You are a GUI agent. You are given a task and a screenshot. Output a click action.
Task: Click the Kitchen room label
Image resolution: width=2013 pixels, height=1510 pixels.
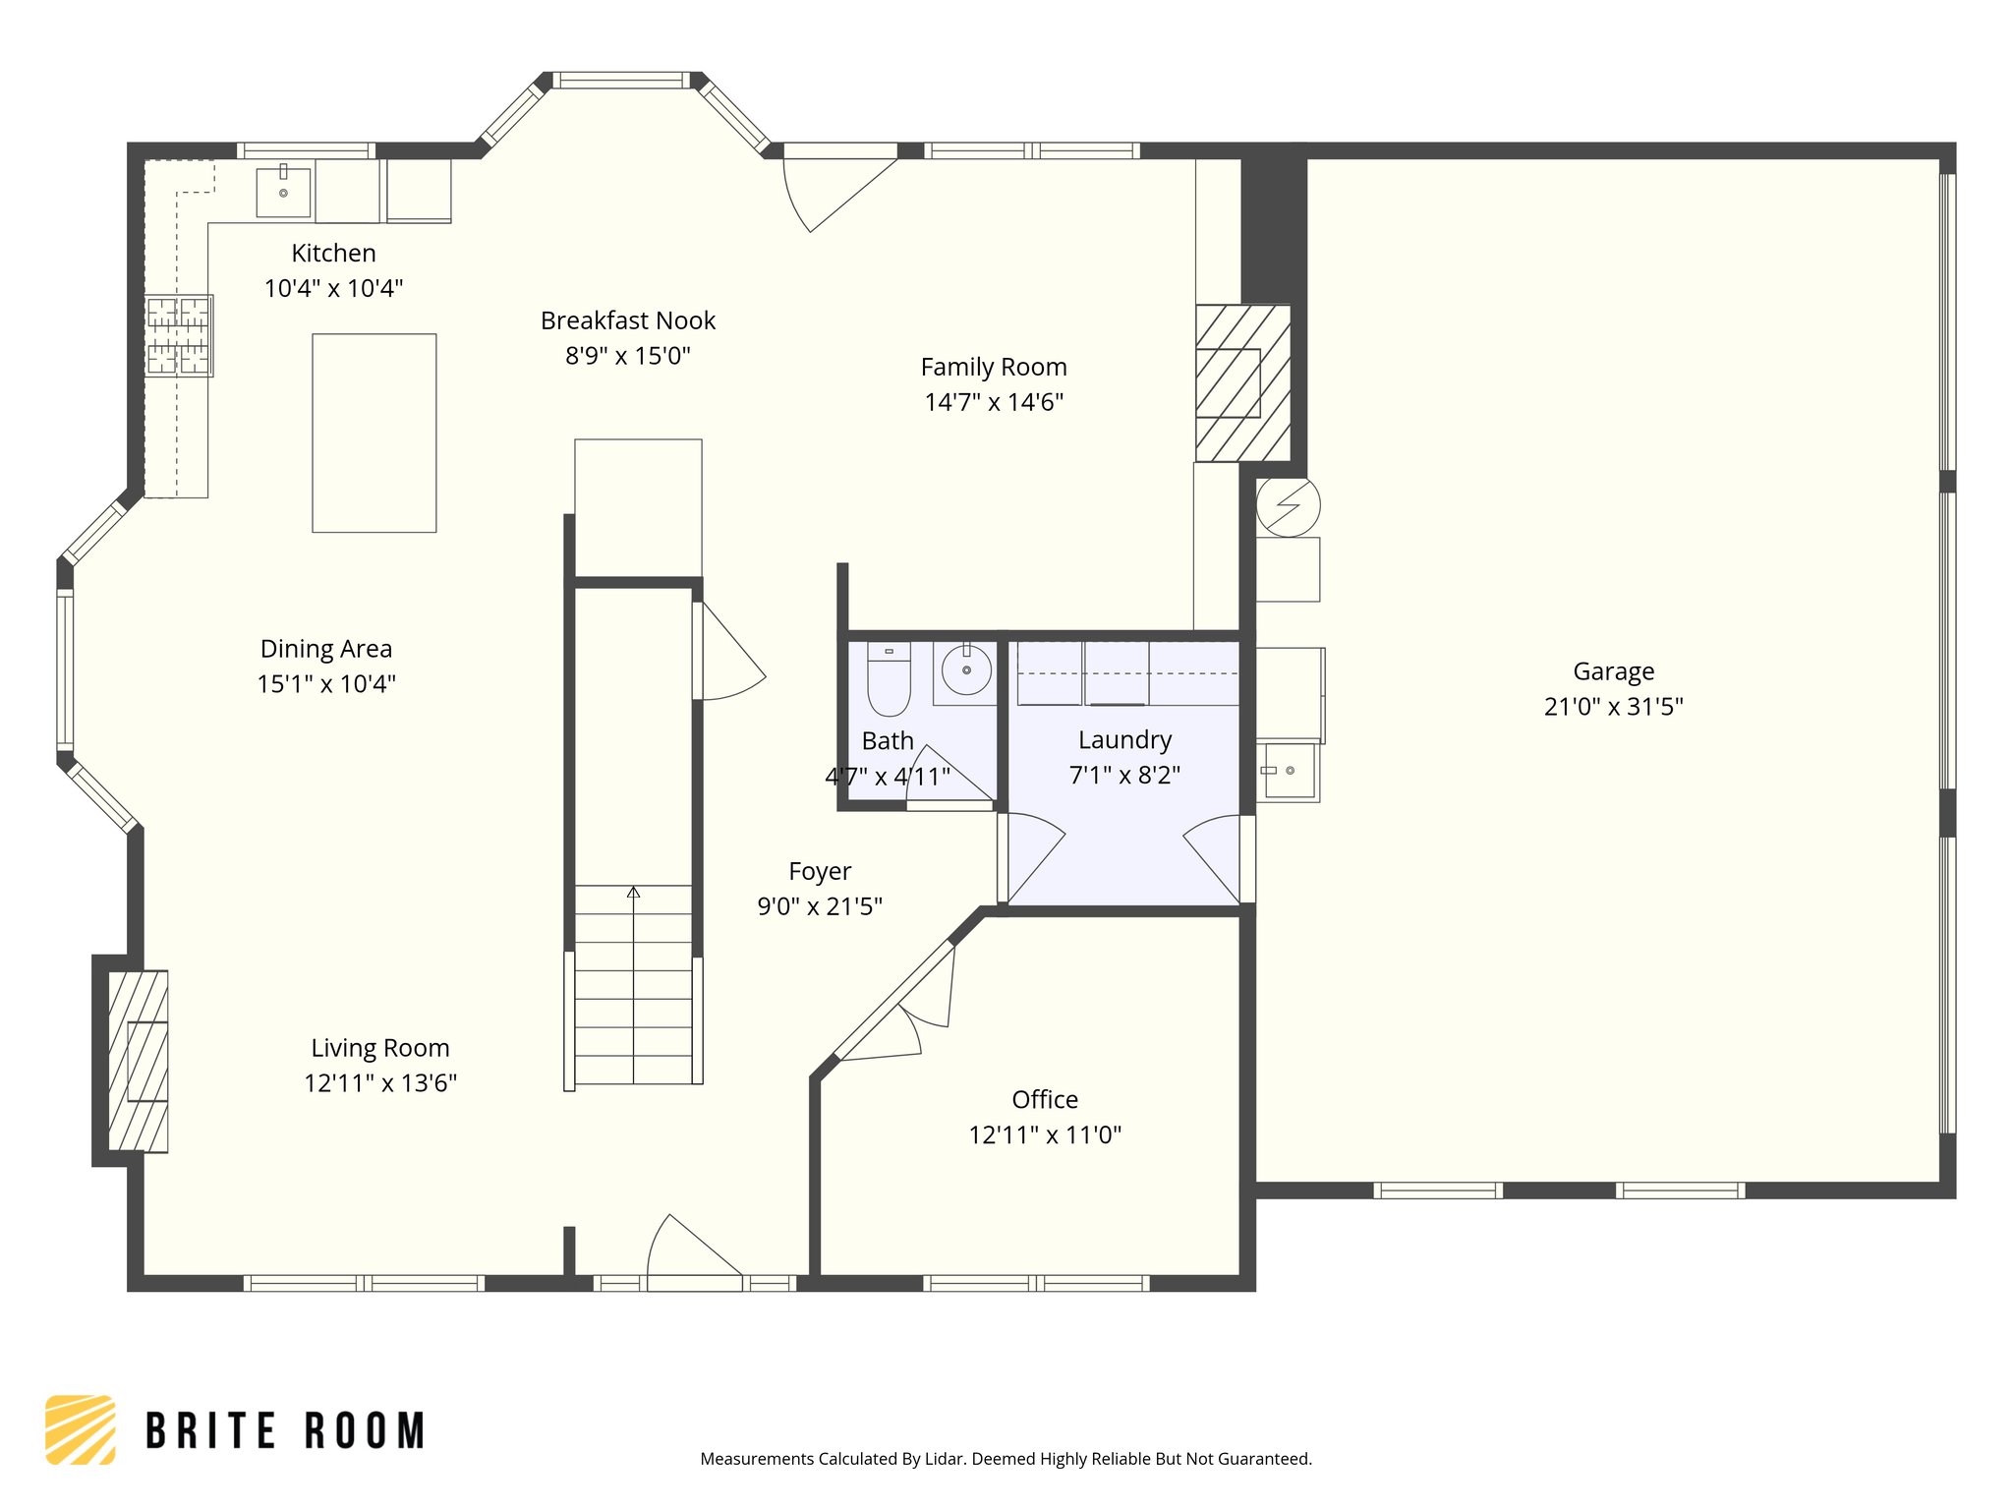point(333,254)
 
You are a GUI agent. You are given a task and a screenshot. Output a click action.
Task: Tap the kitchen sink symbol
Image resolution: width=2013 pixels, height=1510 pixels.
point(283,192)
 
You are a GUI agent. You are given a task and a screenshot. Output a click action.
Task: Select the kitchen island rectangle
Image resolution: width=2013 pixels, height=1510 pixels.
point(374,433)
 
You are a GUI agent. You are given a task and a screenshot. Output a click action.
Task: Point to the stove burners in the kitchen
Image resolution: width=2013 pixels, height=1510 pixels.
point(179,336)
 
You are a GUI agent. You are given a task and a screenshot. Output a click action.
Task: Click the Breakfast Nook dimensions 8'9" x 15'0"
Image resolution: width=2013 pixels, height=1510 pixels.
point(627,356)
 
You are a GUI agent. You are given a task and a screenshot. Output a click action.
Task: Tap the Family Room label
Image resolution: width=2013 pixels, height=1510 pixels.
point(993,367)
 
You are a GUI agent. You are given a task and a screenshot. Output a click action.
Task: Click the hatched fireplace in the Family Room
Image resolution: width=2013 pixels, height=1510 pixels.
point(1241,382)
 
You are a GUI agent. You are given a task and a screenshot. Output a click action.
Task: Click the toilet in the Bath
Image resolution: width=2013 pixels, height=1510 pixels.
point(889,678)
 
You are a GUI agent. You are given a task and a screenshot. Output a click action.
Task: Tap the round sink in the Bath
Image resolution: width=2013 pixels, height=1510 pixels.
point(966,670)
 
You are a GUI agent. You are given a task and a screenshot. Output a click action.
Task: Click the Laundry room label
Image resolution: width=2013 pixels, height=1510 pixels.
point(1124,740)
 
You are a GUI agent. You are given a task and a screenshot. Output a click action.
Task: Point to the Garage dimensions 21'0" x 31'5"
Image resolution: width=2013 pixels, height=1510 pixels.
point(1613,707)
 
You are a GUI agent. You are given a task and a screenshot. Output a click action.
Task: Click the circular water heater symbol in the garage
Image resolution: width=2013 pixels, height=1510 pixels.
point(1288,506)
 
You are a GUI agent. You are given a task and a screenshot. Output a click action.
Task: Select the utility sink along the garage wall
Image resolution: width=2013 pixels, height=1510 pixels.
point(1288,771)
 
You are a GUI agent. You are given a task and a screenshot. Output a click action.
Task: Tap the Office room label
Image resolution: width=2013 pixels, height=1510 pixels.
point(1044,1099)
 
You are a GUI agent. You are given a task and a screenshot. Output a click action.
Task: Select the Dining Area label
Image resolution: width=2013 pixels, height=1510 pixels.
point(325,649)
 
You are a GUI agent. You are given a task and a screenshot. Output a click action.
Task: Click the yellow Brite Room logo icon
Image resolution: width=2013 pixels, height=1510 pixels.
point(81,1429)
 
